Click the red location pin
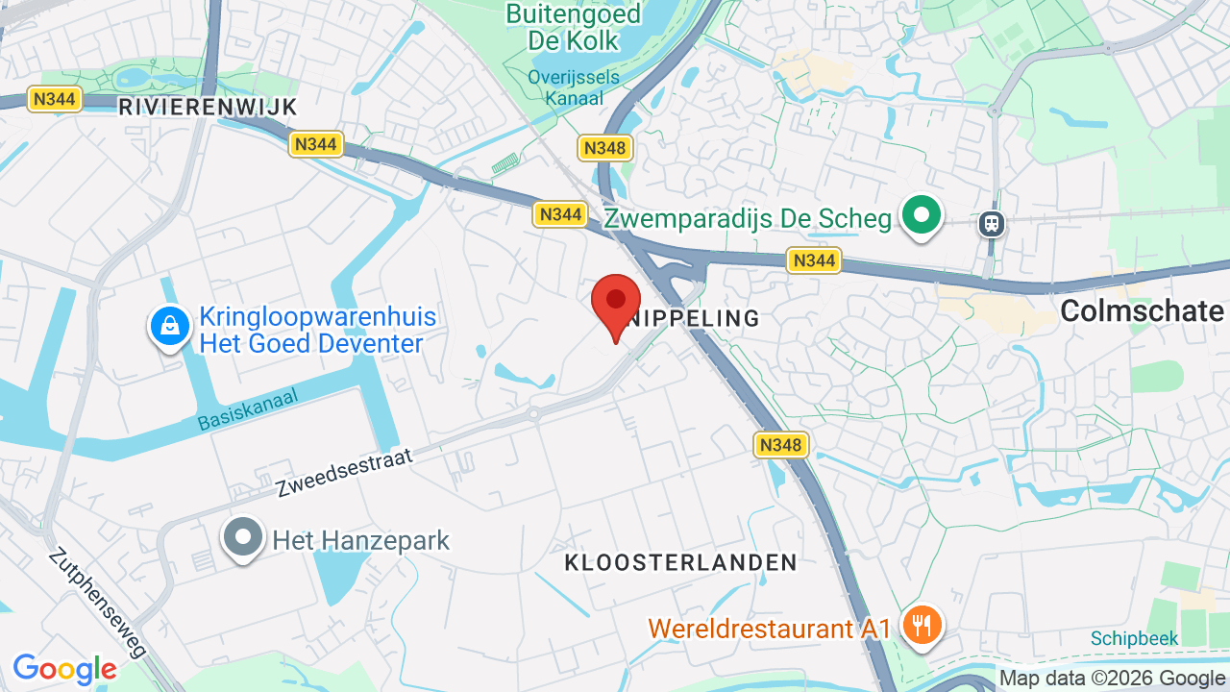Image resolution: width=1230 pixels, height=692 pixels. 616,304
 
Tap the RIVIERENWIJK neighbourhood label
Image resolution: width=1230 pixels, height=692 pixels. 208,107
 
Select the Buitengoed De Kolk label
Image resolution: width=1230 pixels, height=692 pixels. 573,27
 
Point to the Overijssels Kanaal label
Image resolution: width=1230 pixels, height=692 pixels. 574,86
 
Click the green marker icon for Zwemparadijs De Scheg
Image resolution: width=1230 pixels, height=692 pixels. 922,216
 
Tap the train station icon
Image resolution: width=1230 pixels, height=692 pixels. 992,224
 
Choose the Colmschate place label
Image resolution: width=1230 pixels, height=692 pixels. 1142,310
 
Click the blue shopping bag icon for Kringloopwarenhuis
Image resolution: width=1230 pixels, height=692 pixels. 170,326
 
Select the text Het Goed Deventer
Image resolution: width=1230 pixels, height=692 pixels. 311,343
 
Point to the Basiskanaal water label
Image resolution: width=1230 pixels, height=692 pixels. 249,408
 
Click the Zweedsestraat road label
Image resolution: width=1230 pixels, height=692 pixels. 344,472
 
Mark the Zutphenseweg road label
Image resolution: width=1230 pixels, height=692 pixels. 98,603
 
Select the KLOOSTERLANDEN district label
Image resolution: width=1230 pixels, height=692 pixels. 680,562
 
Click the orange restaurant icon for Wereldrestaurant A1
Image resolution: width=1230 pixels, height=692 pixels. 922,625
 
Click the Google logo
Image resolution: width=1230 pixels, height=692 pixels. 64,669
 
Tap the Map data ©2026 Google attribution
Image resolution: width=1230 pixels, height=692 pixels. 1112,678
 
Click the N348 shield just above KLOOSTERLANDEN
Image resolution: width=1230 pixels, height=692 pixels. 780,445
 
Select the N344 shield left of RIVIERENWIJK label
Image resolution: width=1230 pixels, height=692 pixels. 55,99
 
